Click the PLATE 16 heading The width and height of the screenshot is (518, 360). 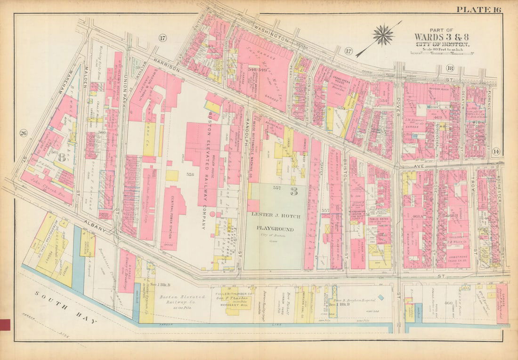[x=478, y=9]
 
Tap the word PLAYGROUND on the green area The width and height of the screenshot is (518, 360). [x=275, y=229]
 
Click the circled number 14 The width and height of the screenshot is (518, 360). [x=495, y=152]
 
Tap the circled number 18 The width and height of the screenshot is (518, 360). [x=449, y=68]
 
